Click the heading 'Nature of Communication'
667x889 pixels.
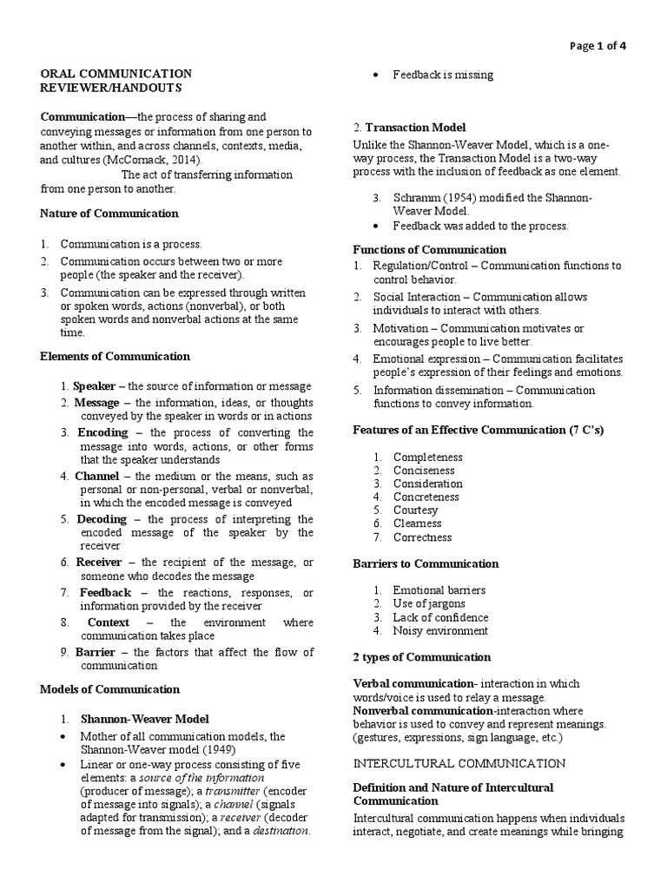tap(109, 213)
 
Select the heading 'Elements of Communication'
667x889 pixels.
tap(115, 356)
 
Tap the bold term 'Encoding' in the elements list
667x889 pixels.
tap(102, 432)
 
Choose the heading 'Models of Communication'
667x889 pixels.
tap(109, 689)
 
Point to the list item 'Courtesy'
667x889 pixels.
tap(417, 510)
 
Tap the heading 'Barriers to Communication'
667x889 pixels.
tap(426, 563)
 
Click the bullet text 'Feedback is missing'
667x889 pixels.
tap(443, 75)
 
